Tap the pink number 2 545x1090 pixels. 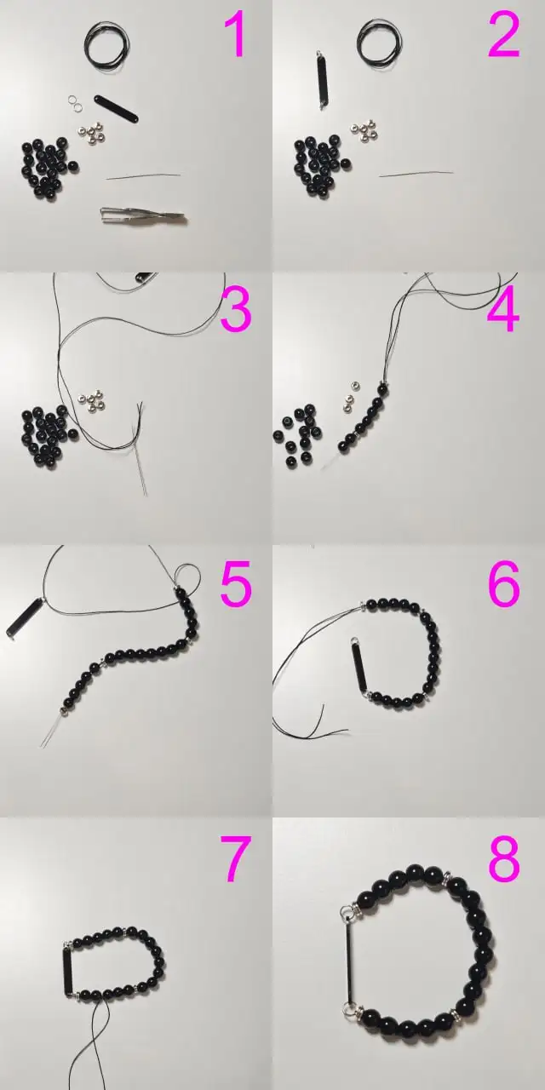(504, 35)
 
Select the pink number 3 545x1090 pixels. (236, 309)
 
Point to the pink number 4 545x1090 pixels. (503, 309)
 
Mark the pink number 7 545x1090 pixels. (236, 858)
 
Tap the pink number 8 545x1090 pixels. (504, 858)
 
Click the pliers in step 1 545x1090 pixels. (143, 215)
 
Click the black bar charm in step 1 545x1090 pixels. (117, 108)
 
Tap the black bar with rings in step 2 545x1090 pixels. (322, 80)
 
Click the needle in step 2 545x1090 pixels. (416, 174)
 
